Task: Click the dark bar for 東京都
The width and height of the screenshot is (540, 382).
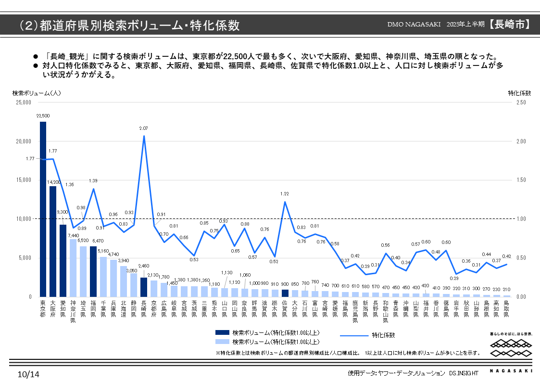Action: tap(43, 209)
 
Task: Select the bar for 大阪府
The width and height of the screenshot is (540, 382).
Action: tap(53, 241)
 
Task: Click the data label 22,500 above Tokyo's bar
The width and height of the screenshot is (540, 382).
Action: tap(43, 116)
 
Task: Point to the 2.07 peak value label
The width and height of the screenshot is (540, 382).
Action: tap(144, 128)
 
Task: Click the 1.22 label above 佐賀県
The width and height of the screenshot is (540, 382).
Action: tap(285, 194)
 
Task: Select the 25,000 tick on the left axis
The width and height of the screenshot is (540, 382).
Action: tap(24, 102)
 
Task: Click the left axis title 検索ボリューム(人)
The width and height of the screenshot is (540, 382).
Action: tap(37, 93)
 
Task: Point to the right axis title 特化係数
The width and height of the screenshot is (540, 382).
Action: tap(519, 93)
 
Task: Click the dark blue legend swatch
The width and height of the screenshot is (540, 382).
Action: tap(222, 332)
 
